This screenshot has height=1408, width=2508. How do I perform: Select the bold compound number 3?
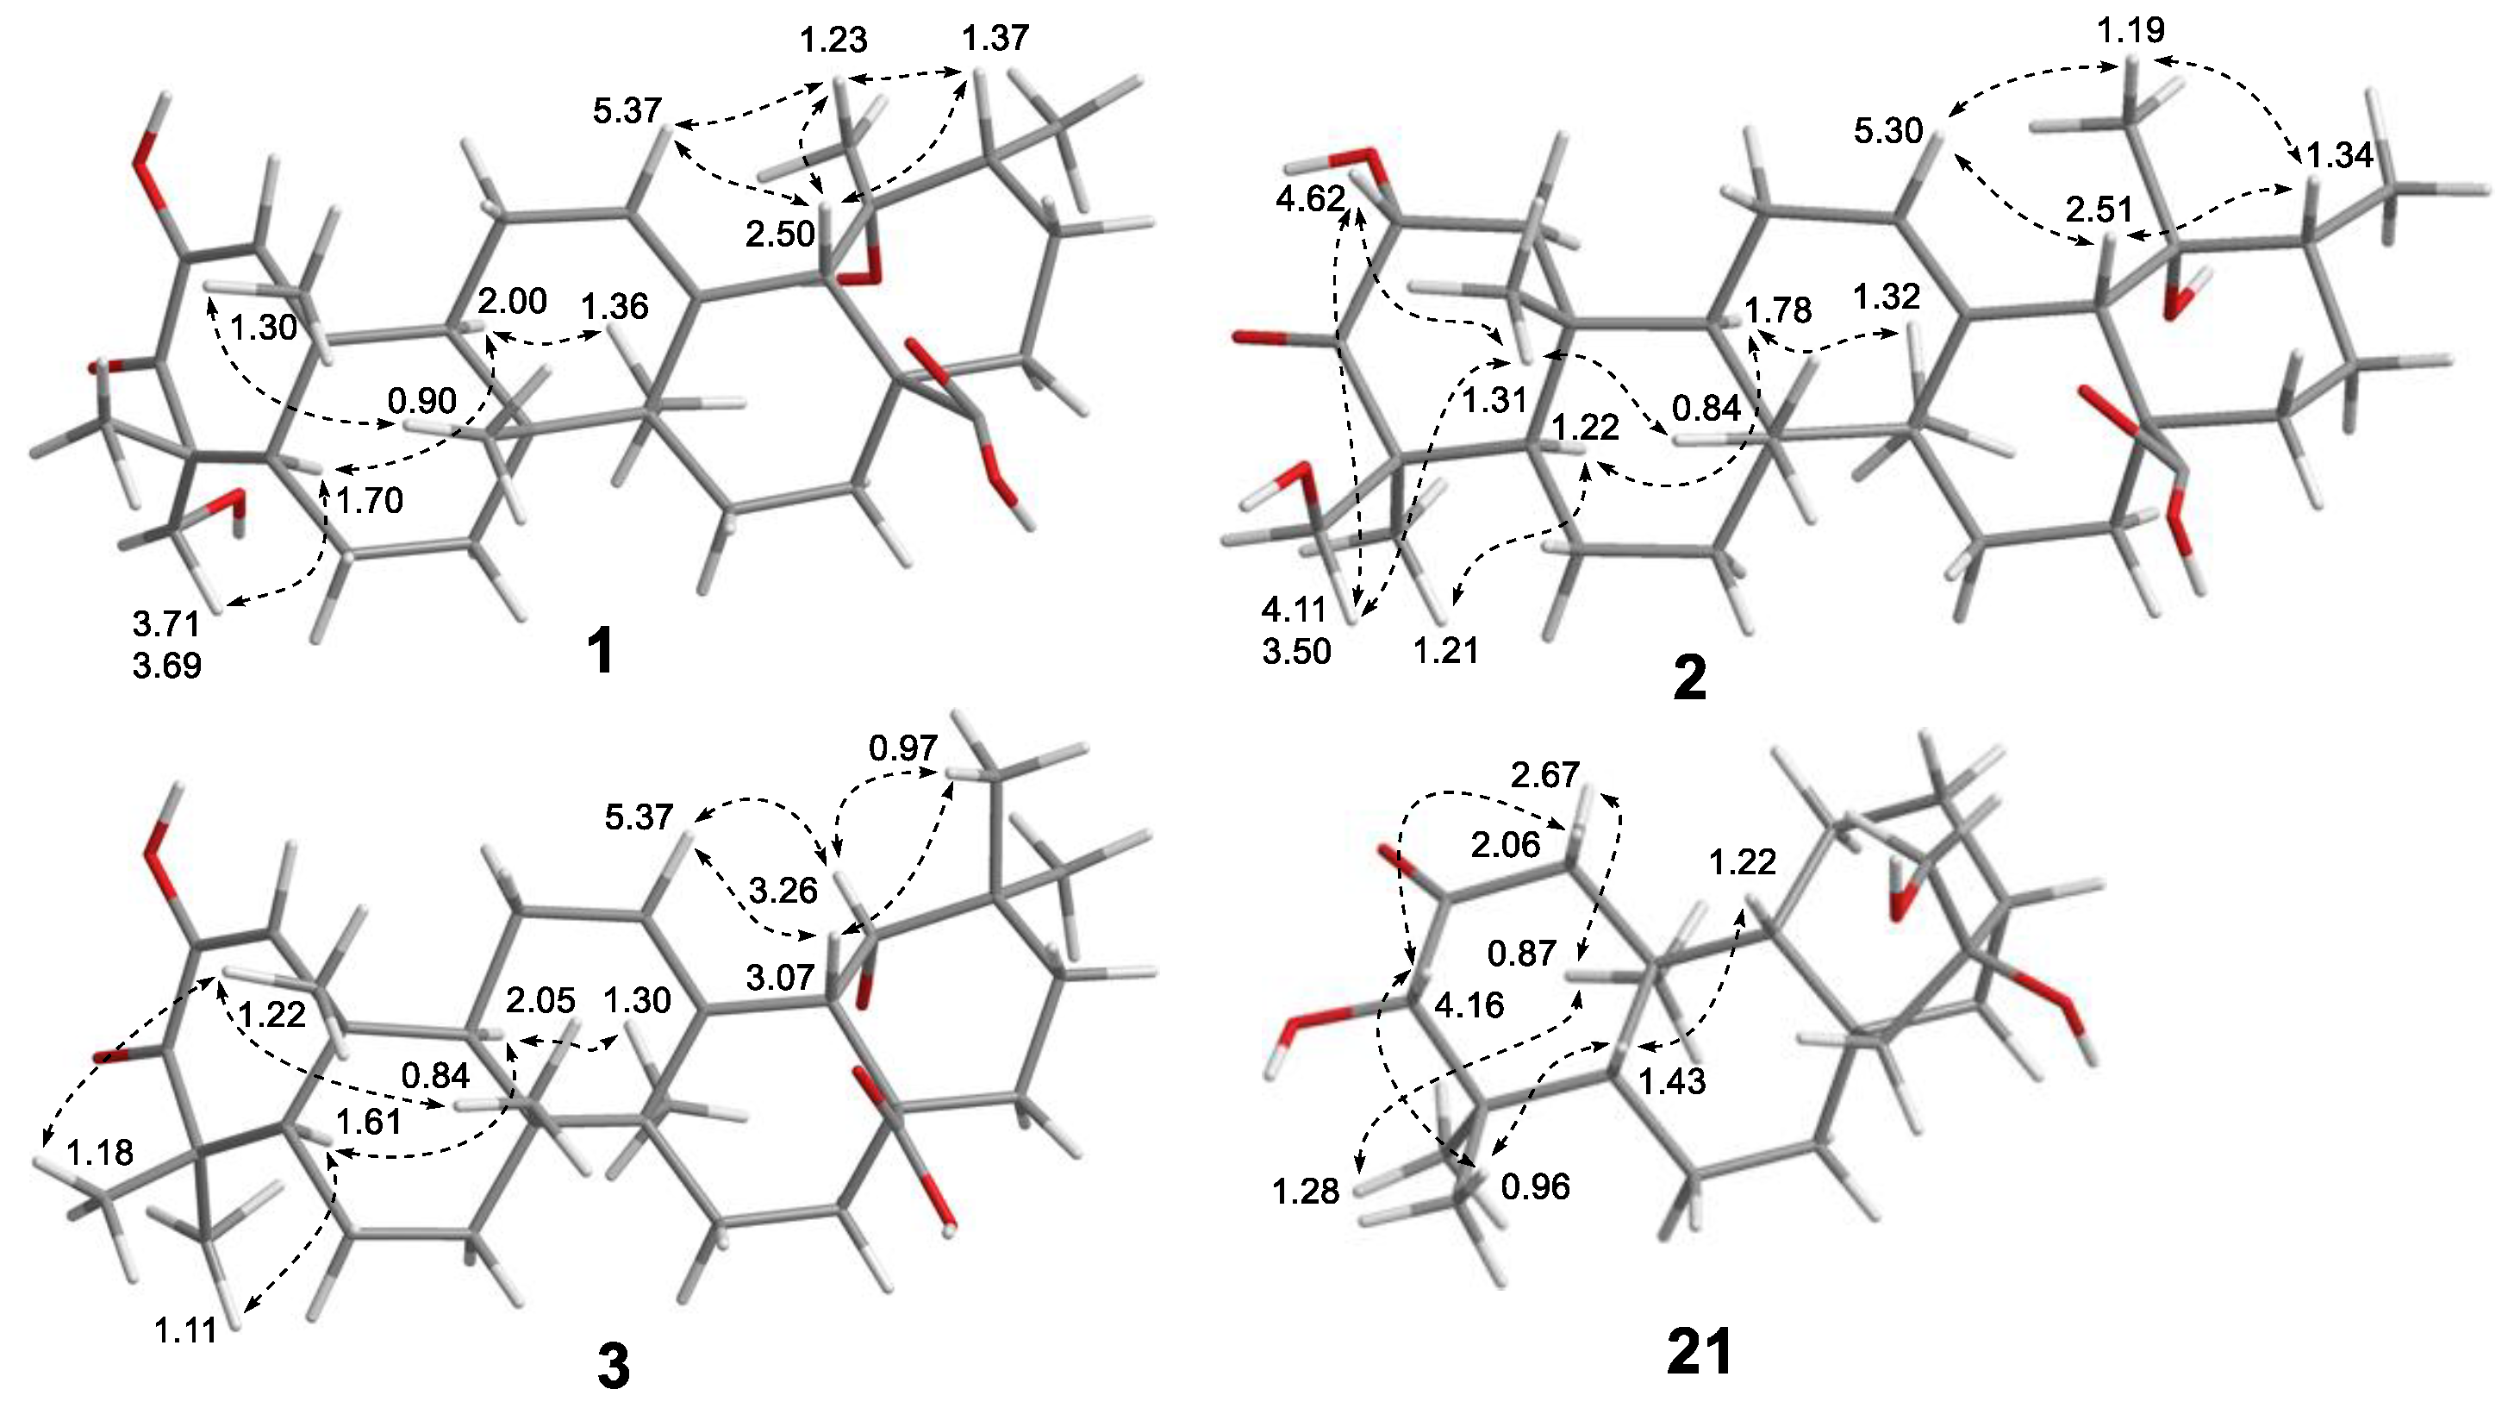click(x=614, y=1366)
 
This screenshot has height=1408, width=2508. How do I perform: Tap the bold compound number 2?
click(x=1688, y=679)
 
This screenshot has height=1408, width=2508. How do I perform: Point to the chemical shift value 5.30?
click(x=1889, y=130)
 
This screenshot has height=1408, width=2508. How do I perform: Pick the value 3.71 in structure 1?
click(x=166, y=623)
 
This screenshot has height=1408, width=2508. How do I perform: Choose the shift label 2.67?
click(x=1545, y=774)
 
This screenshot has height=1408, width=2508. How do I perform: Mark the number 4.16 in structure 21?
click(x=1469, y=1004)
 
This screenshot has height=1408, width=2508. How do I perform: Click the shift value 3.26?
click(x=783, y=890)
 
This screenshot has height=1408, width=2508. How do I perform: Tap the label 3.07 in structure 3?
click(x=782, y=976)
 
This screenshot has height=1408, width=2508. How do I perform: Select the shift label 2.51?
click(x=2098, y=210)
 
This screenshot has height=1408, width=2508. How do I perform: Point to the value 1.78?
click(x=1778, y=310)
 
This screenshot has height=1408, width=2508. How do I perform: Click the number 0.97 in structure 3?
click(x=903, y=748)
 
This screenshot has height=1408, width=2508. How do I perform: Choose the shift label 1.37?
click(x=995, y=39)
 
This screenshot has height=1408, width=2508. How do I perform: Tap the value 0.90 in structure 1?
click(x=421, y=400)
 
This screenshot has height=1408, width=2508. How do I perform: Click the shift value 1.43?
click(x=1672, y=1082)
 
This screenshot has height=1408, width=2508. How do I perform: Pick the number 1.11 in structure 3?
click(x=185, y=1330)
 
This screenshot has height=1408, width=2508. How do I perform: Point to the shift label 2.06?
click(x=1505, y=844)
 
